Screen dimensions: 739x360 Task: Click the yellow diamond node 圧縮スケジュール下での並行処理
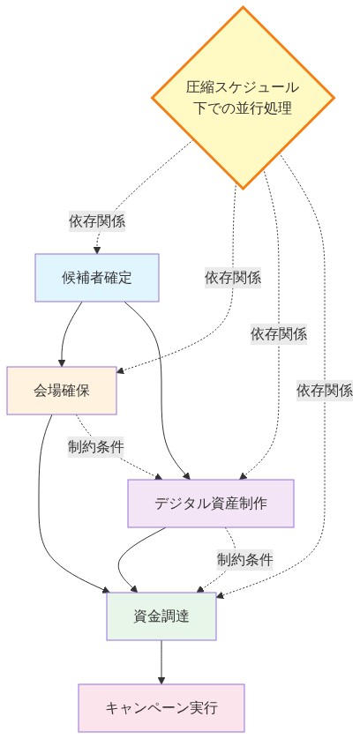pyautogui.click(x=243, y=97)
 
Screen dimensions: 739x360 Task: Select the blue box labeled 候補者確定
pyautogui.click(x=97, y=278)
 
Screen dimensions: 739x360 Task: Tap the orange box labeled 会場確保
pyautogui.click(x=62, y=389)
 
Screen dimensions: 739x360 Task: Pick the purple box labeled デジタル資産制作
pyautogui.click(x=210, y=504)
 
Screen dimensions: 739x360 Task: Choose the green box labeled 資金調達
pyautogui.click(x=161, y=615)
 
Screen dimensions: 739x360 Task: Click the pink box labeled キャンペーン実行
pyautogui.click(x=161, y=707)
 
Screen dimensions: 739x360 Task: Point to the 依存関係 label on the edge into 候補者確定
pyautogui.click(x=97, y=221)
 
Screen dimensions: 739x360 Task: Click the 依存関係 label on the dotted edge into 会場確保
pyautogui.click(x=233, y=277)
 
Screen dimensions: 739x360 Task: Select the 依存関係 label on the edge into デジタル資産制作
pyautogui.click(x=279, y=333)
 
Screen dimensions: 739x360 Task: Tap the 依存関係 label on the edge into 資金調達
pyautogui.click(x=325, y=389)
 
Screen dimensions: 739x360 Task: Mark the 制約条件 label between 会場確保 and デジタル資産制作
pyautogui.click(x=97, y=445)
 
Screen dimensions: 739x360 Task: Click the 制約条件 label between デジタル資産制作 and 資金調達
pyautogui.click(x=245, y=558)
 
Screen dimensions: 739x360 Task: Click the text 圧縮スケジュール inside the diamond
pyautogui.click(x=243, y=87)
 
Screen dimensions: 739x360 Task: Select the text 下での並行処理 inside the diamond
pyautogui.click(x=243, y=108)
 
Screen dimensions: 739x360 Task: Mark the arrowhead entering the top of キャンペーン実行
pyautogui.click(x=161, y=680)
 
